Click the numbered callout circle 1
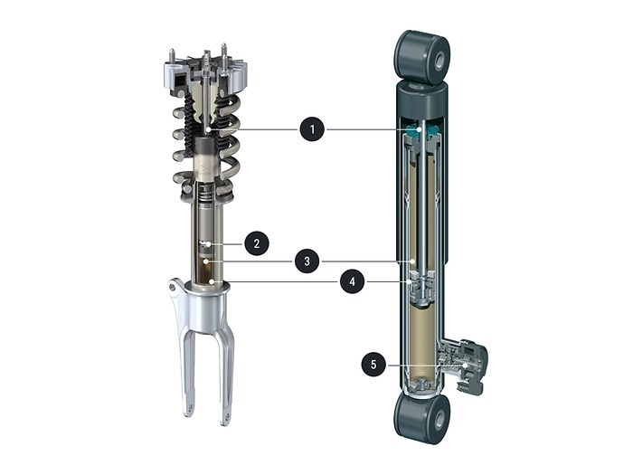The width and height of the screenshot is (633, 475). tap(312, 129)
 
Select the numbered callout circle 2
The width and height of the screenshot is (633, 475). tap(256, 243)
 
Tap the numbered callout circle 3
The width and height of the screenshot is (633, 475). tap(307, 261)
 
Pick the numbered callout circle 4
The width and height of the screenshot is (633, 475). tap(353, 281)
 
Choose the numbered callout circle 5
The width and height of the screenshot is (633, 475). tap(373, 365)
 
